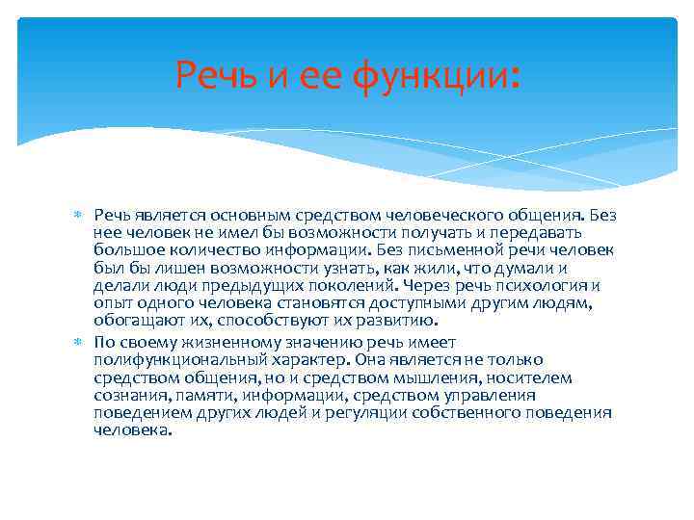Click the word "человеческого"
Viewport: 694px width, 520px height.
click(456, 215)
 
